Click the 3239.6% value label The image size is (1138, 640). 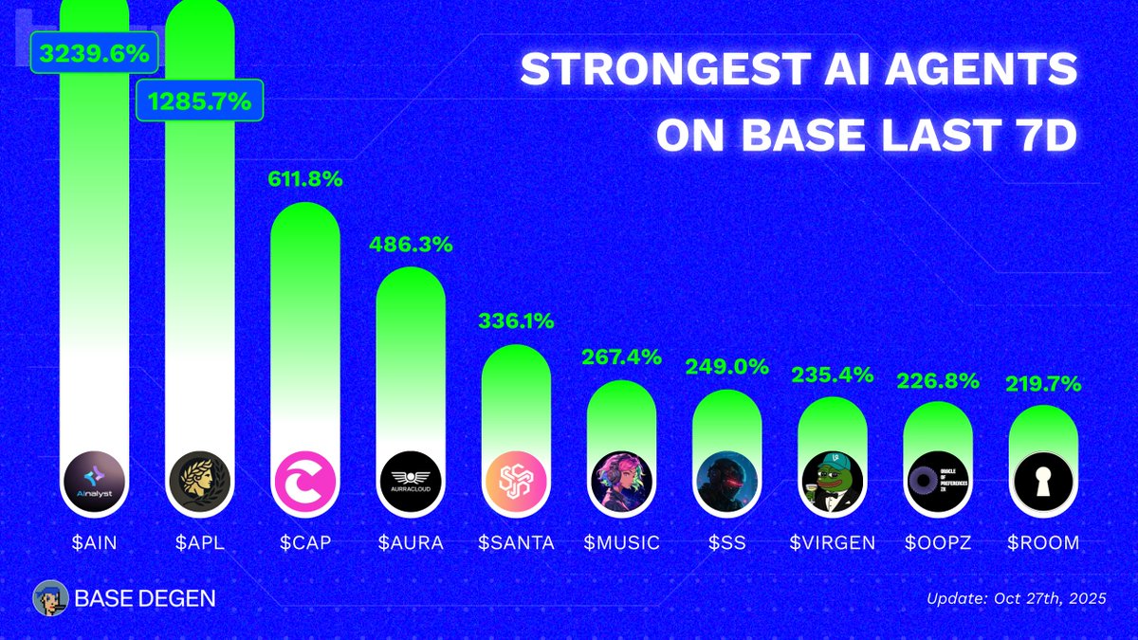point(92,54)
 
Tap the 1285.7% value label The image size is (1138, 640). point(199,101)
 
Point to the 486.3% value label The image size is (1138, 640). point(410,244)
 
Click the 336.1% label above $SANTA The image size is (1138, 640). point(516,321)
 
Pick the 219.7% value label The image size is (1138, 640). point(1042,383)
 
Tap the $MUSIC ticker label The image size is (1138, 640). point(621,543)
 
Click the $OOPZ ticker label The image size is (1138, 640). point(937,543)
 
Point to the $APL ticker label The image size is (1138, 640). point(199,543)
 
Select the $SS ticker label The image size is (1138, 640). point(726,543)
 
